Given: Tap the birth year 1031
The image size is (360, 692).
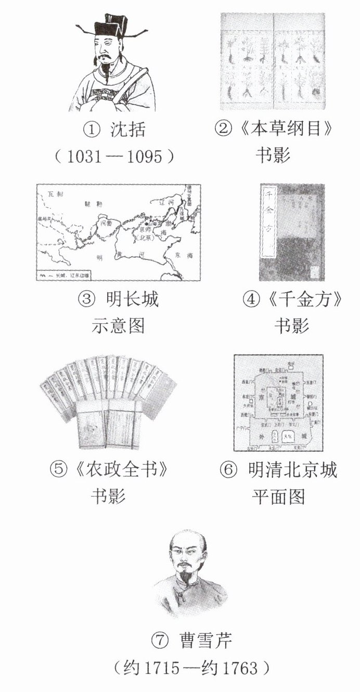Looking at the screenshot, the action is tap(86, 156).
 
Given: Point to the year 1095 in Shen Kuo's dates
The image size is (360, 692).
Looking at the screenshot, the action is tap(144, 156).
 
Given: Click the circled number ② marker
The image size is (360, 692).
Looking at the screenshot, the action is tap(222, 129).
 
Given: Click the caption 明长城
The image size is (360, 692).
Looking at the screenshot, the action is tap(133, 299).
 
